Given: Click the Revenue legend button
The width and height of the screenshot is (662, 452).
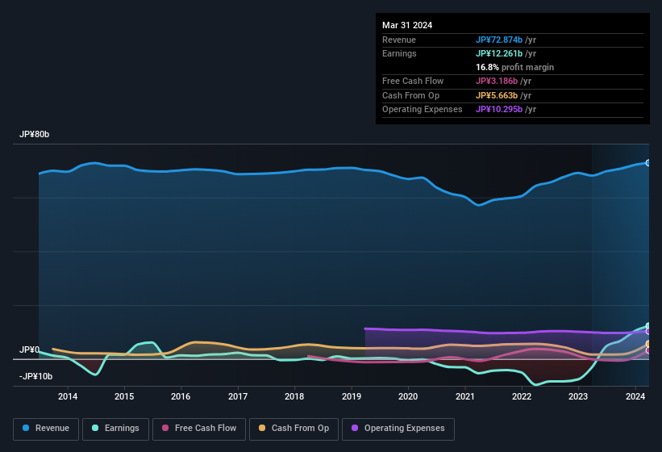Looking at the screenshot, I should [x=46, y=428].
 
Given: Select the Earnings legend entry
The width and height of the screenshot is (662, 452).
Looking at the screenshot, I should [x=115, y=428].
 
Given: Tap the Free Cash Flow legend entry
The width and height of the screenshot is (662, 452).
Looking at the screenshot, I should [x=199, y=428].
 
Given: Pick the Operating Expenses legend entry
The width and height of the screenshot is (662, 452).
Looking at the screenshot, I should [x=398, y=428].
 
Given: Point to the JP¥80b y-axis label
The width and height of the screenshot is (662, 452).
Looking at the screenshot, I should [x=35, y=134].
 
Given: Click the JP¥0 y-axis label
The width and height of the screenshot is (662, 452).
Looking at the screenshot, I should [x=30, y=349].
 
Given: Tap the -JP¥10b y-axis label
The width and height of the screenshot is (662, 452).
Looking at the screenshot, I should [x=36, y=376].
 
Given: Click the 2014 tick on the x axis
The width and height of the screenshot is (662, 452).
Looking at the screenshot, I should [x=68, y=396].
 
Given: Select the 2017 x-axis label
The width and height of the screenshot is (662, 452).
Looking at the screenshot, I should [x=238, y=396].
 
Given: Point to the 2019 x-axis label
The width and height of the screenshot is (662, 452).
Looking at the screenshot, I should [x=352, y=396].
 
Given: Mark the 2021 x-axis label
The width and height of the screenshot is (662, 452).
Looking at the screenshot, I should [x=464, y=396].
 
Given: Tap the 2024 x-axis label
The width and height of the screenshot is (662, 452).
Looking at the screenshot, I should [x=635, y=396].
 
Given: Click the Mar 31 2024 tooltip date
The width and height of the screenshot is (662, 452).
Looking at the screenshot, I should [x=407, y=25].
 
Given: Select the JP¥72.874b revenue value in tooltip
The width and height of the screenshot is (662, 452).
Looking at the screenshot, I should [x=505, y=40].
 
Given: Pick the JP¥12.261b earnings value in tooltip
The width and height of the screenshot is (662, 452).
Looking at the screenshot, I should [x=505, y=53].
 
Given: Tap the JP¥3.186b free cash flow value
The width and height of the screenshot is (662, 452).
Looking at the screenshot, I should [x=503, y=81].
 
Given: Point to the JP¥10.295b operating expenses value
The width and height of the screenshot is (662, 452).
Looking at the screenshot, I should [x=506, y=109].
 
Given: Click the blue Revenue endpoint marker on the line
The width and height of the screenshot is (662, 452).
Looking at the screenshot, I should [x=648, y=163].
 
